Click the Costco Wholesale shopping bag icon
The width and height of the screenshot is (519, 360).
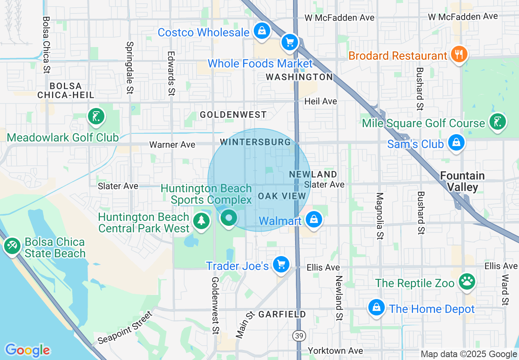click(261, 31)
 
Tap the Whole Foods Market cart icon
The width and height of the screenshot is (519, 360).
click(290, 42)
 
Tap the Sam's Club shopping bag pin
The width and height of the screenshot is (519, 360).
click(456, 143)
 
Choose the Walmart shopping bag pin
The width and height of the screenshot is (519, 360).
click(314, 220)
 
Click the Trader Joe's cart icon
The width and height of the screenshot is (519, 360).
click(281, 265)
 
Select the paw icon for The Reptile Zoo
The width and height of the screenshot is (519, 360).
click(467, 282)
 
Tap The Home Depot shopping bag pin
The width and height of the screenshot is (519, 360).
click(376, 307)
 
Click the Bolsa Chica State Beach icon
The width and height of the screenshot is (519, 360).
click(12, 246)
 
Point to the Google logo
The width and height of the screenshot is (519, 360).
click(27, 350)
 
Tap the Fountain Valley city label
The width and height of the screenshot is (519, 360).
click(462, 182)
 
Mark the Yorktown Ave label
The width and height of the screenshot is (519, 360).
click(335, 351)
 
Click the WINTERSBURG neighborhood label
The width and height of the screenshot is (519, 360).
click(255, 142)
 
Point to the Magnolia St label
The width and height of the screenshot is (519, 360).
click(379, 216)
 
